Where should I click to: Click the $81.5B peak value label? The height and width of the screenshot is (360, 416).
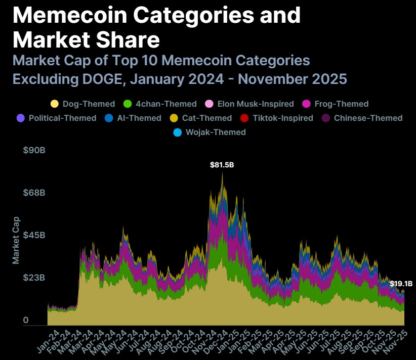tap(222, 165)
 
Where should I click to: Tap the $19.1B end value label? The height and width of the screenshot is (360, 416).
tap(400, 284)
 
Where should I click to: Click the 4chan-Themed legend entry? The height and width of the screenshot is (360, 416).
tap(160, 104)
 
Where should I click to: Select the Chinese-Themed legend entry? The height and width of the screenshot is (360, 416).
tap(362, 118)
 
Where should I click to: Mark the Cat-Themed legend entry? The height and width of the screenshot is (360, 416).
tap(201, 118)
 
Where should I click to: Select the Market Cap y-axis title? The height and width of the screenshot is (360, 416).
tap(16, 240)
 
